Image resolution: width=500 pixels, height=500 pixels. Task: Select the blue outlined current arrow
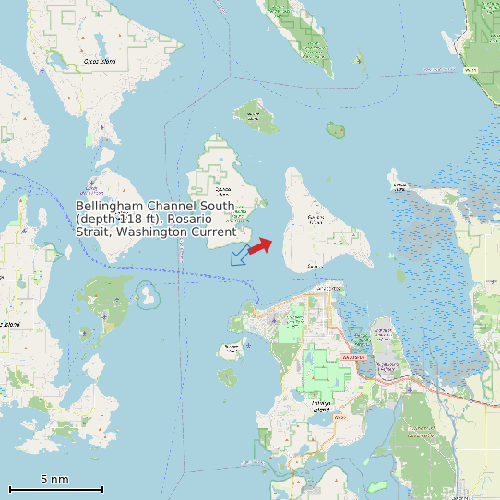239,256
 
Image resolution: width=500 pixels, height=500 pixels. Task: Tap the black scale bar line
55,489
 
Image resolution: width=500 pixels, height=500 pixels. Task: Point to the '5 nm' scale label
54,479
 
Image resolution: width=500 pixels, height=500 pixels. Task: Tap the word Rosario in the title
190,219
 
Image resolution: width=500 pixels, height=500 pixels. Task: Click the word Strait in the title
94,232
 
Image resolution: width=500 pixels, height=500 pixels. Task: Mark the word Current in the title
215,232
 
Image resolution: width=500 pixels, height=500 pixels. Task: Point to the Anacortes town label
327,289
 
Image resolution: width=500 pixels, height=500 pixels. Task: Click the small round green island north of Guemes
336,130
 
